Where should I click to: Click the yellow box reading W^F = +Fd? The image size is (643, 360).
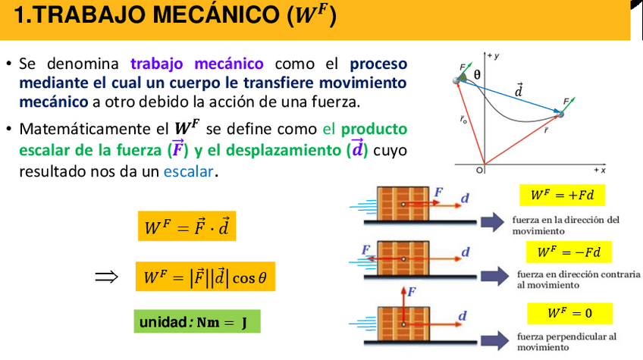point(562,196)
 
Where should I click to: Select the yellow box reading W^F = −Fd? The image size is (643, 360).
point(568,252)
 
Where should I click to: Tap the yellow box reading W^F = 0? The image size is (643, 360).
point(569,313)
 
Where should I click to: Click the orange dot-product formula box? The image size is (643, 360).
point(187,226)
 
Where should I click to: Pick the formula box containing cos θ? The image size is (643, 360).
point(205,277)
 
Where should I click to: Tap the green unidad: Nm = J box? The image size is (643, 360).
point(196,321)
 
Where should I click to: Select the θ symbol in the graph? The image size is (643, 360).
point(477,75)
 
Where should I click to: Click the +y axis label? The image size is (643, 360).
point(494,56)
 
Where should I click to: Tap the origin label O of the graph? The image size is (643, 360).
point(479,171)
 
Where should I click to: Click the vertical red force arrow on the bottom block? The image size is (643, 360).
point(403,303)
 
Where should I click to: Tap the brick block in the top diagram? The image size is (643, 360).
point(403,203)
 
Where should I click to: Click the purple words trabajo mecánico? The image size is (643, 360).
point(196,64)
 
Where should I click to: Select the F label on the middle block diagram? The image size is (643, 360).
point(366,249)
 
